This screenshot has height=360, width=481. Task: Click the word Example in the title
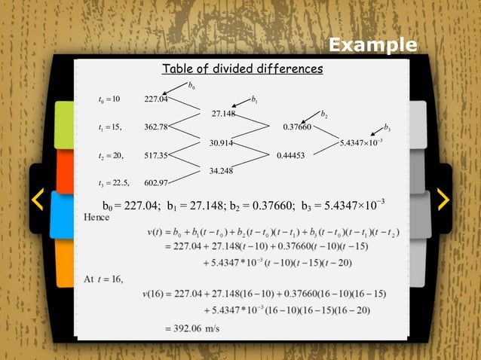pyautogui.click(x=372, y=45)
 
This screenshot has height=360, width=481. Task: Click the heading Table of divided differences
pyautogui.click(x=243, y=69)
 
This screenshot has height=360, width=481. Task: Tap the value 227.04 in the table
pyautogui.click(x=156, y=99)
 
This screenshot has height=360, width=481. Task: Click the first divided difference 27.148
pyautogui.click(x=224, y=113)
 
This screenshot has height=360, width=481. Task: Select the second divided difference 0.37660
pyautogui.click(x=297, y=127)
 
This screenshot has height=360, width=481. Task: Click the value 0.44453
pyautogui.click(x=290, y=155)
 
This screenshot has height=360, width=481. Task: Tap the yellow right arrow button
pyautogui.click(x=443, y=199)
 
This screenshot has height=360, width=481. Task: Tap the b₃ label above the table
pyautogui.click(x=387, y=127)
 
